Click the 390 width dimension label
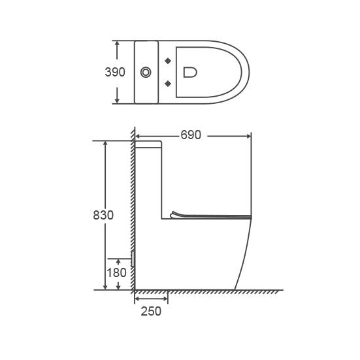[115, 72]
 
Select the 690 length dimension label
[191, 135]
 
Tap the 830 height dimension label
[103, 215]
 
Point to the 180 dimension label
[117, 272]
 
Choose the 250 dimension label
[151, 312]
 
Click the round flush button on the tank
[146, 73]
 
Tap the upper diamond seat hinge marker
[168, 61]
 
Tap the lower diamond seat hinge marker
[168, 84]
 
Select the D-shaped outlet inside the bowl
[190, 72]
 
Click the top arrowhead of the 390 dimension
[117, 44]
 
